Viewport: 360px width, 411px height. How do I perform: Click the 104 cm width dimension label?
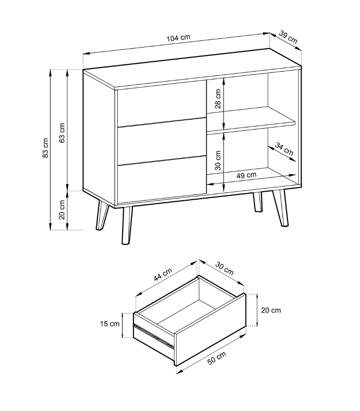178,38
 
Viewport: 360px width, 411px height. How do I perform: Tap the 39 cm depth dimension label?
288,37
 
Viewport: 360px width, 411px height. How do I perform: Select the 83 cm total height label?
45,148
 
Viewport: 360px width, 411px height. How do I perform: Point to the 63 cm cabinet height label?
62,133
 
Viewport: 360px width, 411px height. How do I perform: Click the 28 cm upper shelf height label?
218,99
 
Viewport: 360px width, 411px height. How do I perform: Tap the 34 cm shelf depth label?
284,149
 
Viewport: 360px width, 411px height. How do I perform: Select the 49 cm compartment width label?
246,175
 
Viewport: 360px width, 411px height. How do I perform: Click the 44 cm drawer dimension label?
163,274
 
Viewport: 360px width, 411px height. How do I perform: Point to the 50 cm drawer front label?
217,358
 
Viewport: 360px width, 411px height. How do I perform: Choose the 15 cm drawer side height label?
110,324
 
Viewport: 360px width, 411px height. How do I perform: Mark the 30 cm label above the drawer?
224,269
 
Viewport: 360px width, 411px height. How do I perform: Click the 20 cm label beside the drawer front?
271,310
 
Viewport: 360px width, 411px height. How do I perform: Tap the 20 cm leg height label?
62,210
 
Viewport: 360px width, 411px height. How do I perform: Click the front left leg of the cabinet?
127,225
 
